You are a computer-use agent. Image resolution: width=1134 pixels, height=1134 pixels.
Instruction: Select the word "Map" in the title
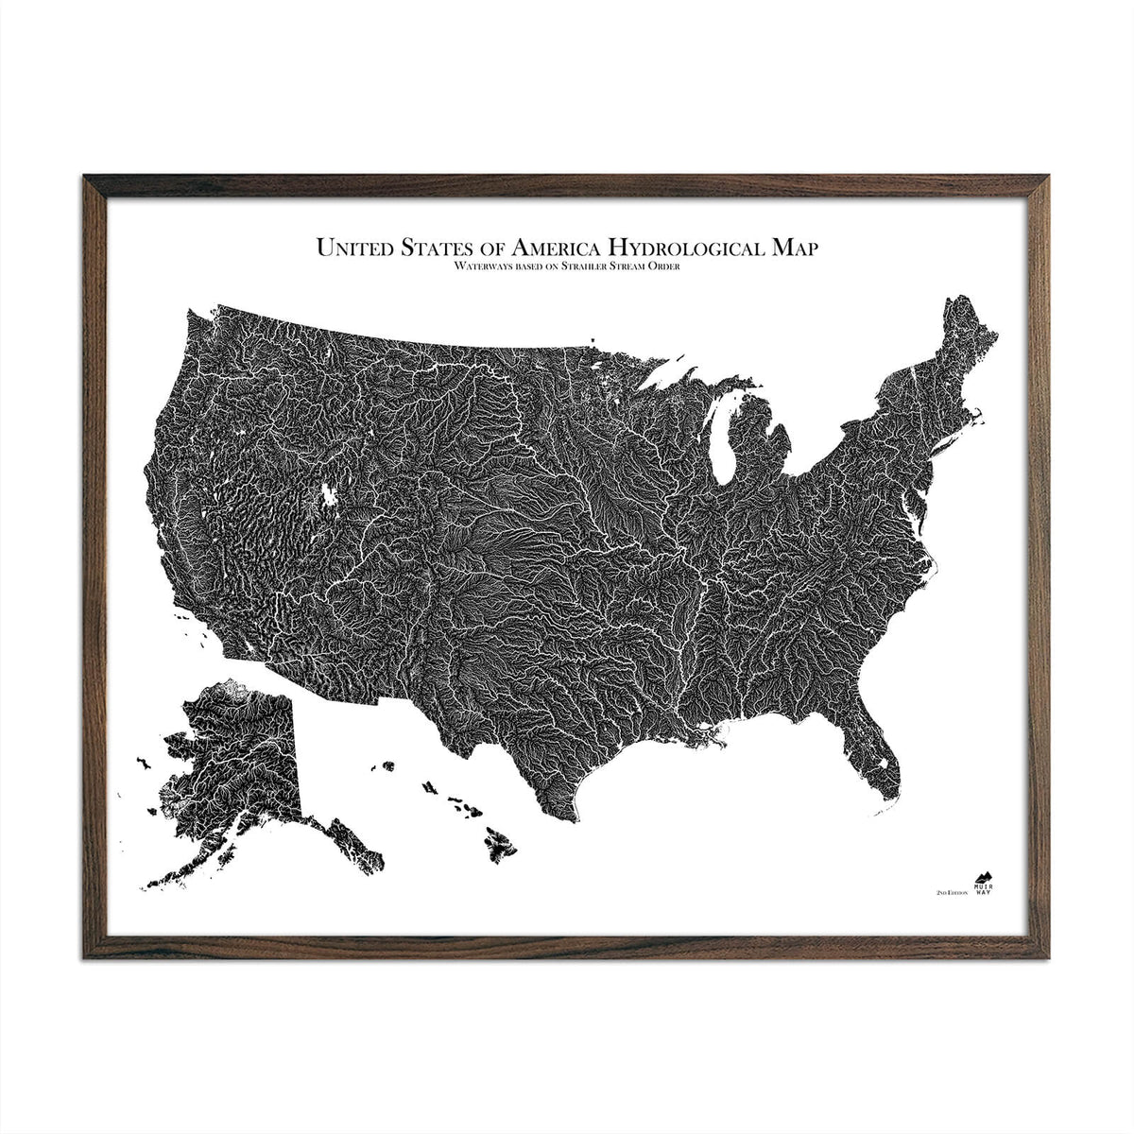pyautogui.click(x=796, y=249)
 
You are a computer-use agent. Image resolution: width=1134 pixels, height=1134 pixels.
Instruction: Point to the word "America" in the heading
pyautogui.click(x=557, y=249)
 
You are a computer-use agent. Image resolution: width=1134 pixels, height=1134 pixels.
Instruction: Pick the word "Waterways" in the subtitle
pyautogui.click(x=457, y=267)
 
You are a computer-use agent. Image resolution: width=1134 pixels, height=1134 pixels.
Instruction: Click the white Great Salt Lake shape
pyautogui.click(x=330, y=495)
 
